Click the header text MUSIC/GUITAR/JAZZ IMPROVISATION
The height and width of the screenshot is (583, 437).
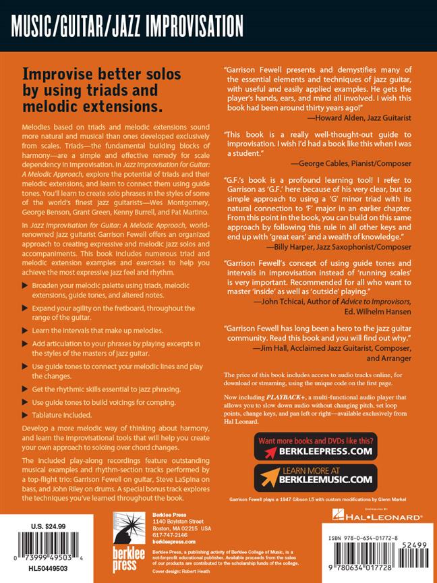127,27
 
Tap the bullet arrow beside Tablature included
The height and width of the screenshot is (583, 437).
26,415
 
